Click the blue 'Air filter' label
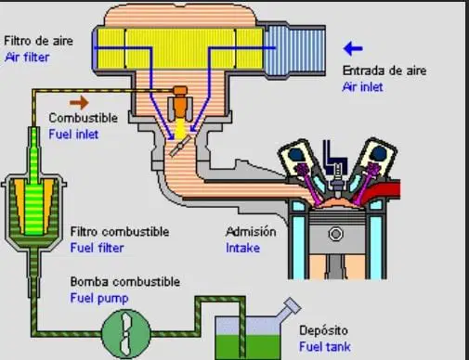pos(27,58)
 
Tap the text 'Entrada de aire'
pos(384,71)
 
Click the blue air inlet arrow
pos(353,48)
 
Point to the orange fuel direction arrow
pos(79,102)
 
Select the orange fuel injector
pos(180,103)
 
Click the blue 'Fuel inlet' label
pos(73,135)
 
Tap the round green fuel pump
pos(126,333)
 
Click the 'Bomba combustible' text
pos(125,282)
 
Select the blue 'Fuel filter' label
pos(97,248)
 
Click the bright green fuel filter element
pos(33,198)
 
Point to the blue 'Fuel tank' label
pos(325,347)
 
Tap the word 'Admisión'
pos(251,232)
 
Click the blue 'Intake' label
pos(243,248)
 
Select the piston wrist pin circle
pos(336,234)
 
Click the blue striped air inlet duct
pos(294,50)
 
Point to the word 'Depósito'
pos(323,330)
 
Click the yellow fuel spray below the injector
pos(180,130)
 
